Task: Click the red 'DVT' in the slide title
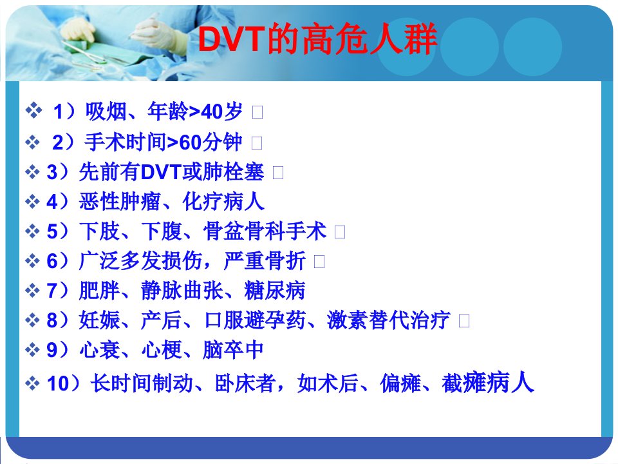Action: tap(231, 39)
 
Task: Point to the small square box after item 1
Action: tap(257, 112)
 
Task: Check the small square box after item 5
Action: tap(340, 232)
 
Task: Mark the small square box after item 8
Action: tap(464, 321)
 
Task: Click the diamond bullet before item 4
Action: tap(33, 202)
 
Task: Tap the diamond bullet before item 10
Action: tap(33, 383)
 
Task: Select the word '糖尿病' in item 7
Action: tap(275, 291)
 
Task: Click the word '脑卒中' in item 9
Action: tap(233, 350)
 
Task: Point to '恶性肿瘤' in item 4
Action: tap(120, 202)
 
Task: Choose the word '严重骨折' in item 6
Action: tap(265, 261)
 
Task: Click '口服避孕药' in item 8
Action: tap(256, 320)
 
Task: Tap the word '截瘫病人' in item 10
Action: tap(488, 383)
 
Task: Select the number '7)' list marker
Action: tap(57, 291)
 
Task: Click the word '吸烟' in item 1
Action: tap(106, 111)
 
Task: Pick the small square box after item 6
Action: tap(319, 262)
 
